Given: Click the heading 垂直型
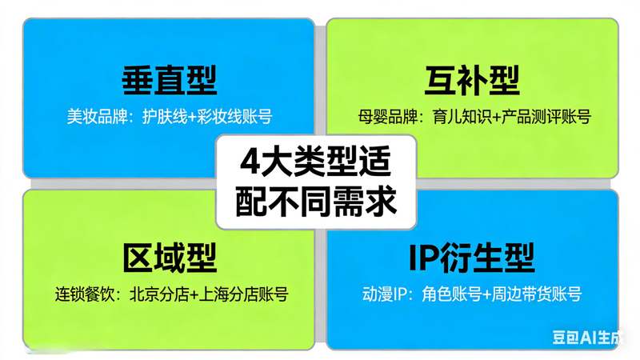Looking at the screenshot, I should coord(169,80).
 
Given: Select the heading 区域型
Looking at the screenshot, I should coord(170,258).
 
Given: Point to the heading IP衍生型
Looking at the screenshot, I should coord(471,258).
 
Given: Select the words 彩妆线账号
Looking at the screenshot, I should coord(233,117).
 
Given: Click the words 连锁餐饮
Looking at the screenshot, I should coord(80,294).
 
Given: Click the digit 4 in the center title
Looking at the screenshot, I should coord(252,164).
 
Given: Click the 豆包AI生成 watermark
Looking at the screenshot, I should coord(591,338).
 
